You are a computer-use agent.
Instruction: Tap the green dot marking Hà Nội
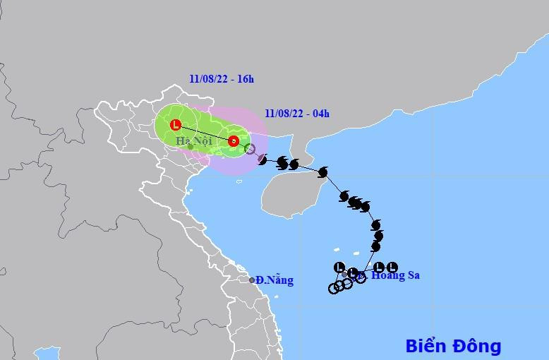coord(191,146)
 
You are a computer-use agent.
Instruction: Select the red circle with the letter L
coord(176,125)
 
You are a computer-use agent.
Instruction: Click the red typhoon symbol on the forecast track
coord(234,140)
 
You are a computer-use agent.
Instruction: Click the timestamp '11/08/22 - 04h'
coord(298,113)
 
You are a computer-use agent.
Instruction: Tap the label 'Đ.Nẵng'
coord(275,280)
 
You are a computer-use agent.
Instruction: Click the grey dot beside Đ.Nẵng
coord(252,280)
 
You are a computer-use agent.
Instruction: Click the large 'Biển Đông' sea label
coord(453,346)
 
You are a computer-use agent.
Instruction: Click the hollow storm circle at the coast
coord(249,148)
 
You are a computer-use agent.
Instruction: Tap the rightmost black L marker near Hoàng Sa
coord(392,267)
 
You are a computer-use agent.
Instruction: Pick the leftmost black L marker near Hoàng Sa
coord(339,267)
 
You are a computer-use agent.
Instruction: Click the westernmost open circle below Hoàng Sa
coord(333,288)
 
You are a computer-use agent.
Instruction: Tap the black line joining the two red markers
coord(205,133)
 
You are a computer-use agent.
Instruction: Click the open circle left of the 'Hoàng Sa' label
coord(361,277)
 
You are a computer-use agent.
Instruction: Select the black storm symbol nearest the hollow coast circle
coord(263,160)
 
